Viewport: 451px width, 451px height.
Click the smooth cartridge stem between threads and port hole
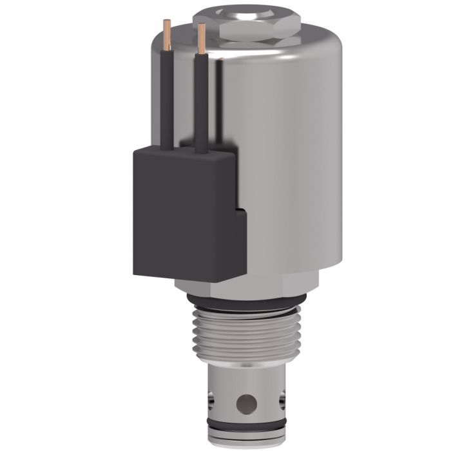pyautogui.click(x=245, y=377)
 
